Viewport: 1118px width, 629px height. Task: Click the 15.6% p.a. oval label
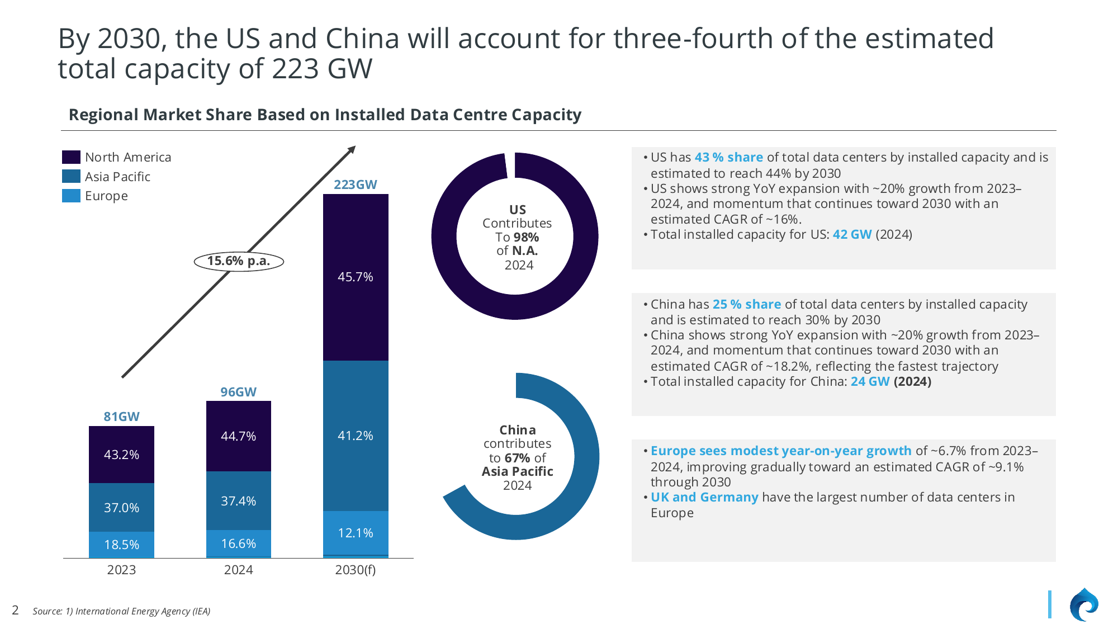pyautogui.click(x=239, y=261)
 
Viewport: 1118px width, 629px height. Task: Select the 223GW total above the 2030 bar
pyautogui.click(x=356, y=185)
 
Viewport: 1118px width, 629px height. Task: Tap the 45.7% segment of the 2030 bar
pyautogui.click(x=356, y=277)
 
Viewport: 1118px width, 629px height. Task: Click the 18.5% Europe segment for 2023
pyautogui.click(x=121, y=545)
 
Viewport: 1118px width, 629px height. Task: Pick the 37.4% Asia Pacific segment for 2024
pyautogui.click(x=239, y=501)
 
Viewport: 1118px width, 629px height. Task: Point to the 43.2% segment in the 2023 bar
pyautogui.click(x=121, y=455)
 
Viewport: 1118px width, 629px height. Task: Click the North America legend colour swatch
pyautogui.click(x=71, y=157)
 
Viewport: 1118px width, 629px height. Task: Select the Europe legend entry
pyautogui.click(x=106, y=196)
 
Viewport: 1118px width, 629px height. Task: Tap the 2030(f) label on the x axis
pyautogui.click(x=356, y=570)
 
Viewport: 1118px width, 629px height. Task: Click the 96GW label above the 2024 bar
pyautogui.click(x=239, y=392)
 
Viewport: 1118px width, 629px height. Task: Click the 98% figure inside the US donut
pyautogui.click(x=526, y=237)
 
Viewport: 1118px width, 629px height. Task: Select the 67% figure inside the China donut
pyautogui.click(x=517, y=458)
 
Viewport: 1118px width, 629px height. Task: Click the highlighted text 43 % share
pyautogui.click(x=728, y=158)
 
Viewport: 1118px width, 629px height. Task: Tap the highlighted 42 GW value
pyautogui.click(x=852, y=234)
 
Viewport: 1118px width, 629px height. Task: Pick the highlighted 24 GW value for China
pyautogui.click(x=870, y=381)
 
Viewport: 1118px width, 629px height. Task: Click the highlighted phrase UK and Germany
pyautogui.click(x=704, y=497)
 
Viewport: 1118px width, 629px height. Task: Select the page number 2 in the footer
pyautogui.click(x=15, y=610)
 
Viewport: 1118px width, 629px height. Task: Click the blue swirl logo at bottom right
pyautogui.click(x=1083, y=605)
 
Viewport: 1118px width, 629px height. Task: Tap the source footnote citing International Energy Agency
pyautogui.click(x=121, y=611)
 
